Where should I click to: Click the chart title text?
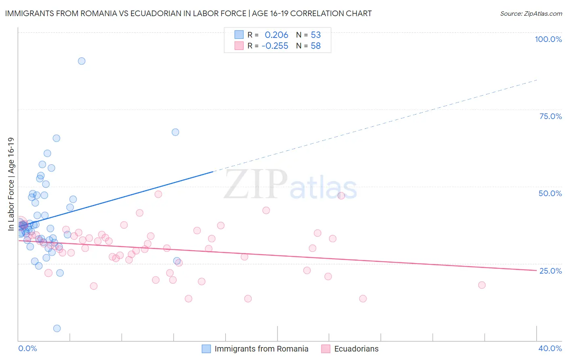(188, 13)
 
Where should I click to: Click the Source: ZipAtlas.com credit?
(531, 13)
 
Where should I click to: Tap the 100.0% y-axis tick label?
(548, 39)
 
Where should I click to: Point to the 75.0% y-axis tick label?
(550, 116)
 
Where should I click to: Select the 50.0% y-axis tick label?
(550, 193)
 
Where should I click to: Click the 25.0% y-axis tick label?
(550, 270)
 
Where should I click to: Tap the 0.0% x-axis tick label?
(27, 348)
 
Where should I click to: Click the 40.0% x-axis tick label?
(550, 348)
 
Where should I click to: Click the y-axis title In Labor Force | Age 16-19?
(11, 184)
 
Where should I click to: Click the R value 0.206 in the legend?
(276, 35)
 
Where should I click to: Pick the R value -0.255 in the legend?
(275, 46)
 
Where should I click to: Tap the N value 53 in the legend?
(316, 35)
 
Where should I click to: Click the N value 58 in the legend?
(316, 46)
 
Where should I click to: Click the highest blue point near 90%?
(81, 61)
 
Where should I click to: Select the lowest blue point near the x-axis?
(57, 329)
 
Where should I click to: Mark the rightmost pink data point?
(482, 285)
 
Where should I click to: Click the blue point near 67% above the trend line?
(175, 132)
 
